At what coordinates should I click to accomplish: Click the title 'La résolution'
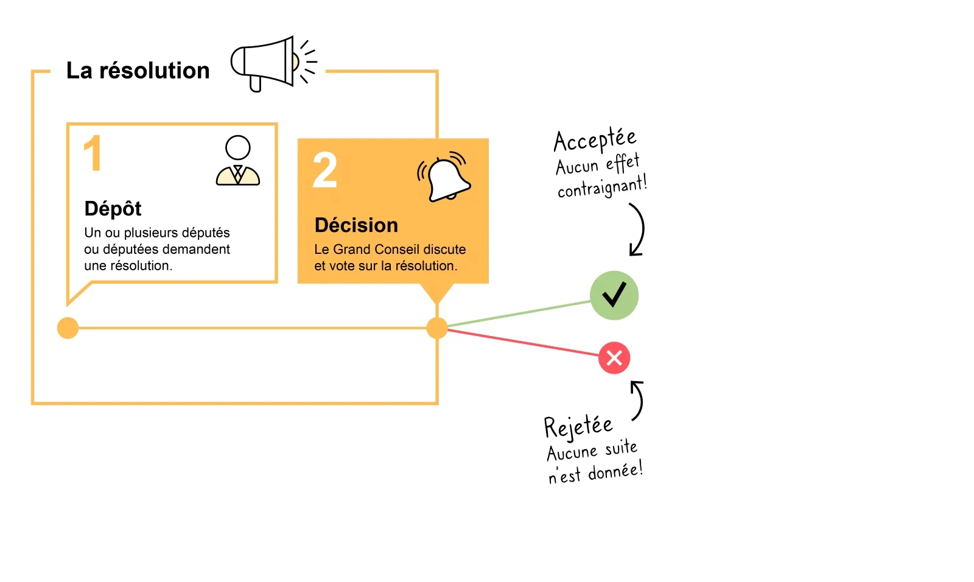click(138, 71)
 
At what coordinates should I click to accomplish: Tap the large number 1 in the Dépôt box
click(93, 153)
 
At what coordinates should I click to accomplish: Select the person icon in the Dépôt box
click(238, 161)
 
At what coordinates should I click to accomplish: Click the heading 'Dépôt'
click(113, 209)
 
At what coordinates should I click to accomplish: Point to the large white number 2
click(325, 170)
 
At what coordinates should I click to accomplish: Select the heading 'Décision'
click(356, 225)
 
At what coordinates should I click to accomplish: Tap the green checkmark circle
click(614, 295)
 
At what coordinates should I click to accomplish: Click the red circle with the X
click(614, 357)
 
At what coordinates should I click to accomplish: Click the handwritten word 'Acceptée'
click(595, 140)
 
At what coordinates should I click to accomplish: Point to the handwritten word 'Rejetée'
click(578, 426)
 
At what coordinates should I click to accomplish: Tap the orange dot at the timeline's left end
click(68, 328)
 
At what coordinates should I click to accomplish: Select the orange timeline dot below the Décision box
click(437, 328)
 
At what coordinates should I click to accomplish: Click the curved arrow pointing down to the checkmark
click(638, 230)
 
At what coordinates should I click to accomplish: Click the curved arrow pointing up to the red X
click(637, 400)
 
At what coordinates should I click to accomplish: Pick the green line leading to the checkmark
click(517, 314)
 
